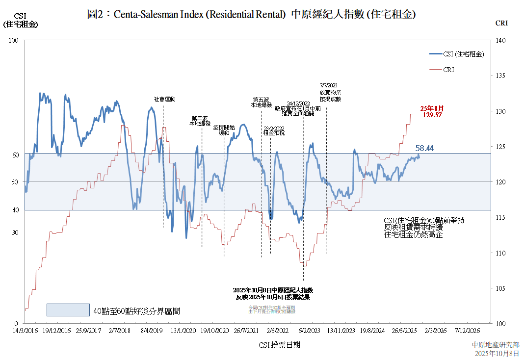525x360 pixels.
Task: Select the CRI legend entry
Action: point(448,70)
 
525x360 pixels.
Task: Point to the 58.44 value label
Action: point(424,148)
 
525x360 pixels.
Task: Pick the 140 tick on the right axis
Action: point(501,41)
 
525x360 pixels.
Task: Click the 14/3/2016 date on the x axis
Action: point(25,331)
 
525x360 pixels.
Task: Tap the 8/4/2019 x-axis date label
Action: point(151,331)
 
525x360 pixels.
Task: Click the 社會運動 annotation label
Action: point(164,99)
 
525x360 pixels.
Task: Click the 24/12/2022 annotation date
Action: point(298,103)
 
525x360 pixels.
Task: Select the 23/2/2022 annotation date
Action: point(274,128)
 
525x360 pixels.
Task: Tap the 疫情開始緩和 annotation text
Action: point(224,130)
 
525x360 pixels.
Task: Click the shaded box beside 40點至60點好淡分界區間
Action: point(68,310)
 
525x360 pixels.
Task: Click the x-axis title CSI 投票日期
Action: point(279,345)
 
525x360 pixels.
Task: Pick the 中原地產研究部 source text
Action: point(496,345)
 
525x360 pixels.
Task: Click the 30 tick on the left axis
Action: point(15,232)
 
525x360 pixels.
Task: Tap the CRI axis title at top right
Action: point(501,23)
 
